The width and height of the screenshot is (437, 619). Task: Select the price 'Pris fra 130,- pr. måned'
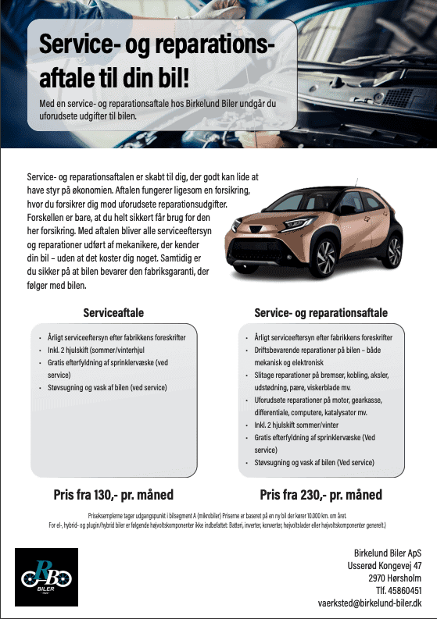[x=113, y=495]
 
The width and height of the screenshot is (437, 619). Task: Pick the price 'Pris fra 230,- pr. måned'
[x=321, y=495]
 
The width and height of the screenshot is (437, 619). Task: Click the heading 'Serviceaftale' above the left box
[x=113, y=313]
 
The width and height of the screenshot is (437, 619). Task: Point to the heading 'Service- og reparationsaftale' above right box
[x=321, y=313]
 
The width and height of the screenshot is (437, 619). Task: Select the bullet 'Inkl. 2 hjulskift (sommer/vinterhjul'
[x=94, y=350]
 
